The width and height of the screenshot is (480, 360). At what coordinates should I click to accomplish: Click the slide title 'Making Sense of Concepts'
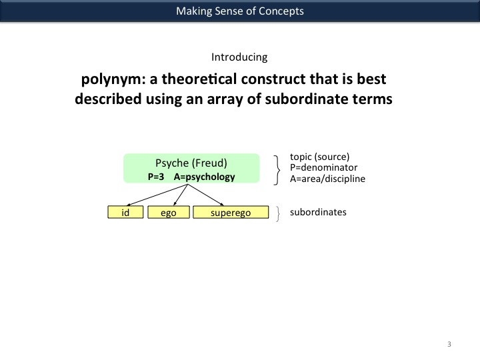[239, 11]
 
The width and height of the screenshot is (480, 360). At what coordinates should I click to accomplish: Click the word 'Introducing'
[239, 57]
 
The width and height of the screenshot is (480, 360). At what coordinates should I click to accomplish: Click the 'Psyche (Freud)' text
[191, 163]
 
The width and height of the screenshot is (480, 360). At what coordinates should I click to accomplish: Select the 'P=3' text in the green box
[156, 177]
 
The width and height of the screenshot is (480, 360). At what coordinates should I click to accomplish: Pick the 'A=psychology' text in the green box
[204, 177]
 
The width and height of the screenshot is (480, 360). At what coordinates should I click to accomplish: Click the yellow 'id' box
[125, 213]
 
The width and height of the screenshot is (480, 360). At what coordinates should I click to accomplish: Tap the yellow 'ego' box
[168, 213]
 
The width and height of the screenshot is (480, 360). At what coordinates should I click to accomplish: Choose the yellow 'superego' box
[230, 213]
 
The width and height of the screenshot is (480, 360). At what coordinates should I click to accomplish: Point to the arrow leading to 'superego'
[207, 195]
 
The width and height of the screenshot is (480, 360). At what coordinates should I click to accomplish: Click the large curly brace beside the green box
[277, 168]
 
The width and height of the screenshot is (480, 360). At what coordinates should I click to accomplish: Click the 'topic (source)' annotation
[319, 157]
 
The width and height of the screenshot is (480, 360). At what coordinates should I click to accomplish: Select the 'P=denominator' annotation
[323, 168]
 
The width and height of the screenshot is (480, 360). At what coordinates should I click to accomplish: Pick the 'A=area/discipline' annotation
[327, 179]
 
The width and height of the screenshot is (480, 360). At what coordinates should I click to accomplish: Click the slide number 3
[449, 344]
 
